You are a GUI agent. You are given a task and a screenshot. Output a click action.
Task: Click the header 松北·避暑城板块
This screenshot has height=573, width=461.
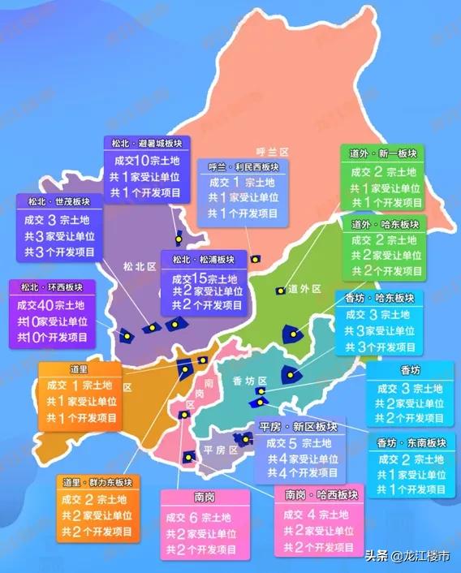click(x=147, y=142)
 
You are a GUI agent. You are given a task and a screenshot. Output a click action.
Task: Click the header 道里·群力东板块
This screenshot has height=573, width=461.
click(x=95, y=482)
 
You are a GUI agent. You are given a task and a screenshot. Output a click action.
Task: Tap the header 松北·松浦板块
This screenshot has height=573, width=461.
click(x=203, y=259)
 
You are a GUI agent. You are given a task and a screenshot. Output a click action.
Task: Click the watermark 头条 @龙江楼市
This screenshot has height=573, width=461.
click(x=409, y=558)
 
